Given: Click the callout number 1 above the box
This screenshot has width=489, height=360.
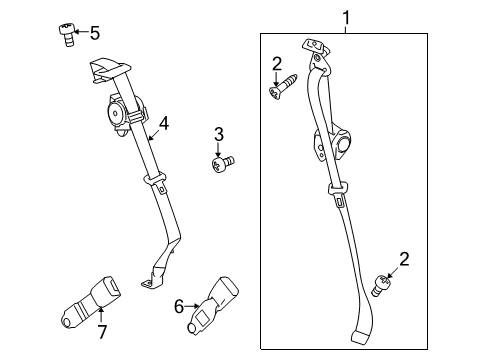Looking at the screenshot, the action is coord(346,18).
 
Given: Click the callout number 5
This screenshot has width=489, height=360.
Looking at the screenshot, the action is coord(95,33).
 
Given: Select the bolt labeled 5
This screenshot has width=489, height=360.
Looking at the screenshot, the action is coord(67,35).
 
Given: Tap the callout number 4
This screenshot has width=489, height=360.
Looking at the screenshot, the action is coord(164,124).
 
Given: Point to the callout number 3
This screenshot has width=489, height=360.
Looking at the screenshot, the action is coord(219,134).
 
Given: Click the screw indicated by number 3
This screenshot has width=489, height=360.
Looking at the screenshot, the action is coord(223,164).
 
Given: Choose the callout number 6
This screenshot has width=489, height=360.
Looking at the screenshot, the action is coord(179,306).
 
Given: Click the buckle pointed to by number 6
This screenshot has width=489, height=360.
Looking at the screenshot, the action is coord(213,305).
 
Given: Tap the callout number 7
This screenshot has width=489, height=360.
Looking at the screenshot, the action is coord(102,332).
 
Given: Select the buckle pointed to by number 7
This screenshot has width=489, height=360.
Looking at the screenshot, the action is coord(91,302).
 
